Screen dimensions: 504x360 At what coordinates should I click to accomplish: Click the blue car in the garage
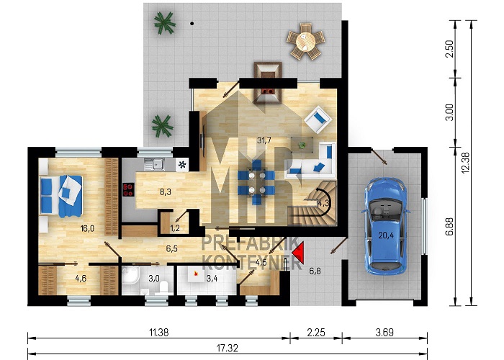tap(385, 226)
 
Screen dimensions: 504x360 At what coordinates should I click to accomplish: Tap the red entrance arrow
tap(298, 253)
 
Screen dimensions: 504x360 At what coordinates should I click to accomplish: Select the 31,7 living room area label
tap(264, 140)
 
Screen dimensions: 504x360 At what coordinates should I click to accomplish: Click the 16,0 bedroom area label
tap(87, 228)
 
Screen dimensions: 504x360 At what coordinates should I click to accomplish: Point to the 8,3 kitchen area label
tap(165, 192)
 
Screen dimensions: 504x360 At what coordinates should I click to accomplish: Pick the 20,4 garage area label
tap(386, 235)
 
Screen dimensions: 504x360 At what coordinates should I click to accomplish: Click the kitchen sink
tap(155, 164)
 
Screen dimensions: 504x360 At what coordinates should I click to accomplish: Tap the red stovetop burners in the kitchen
tap(129, 189)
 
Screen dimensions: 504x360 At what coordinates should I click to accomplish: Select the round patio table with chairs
tap(306, 41)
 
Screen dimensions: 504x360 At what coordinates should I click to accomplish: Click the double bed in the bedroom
tap(60, 195)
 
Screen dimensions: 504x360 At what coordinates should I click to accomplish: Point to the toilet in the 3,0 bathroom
tap(164, 287)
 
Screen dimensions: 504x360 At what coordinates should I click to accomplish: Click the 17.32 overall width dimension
tap(227, 348)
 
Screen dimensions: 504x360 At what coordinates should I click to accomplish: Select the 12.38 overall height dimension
tap(465, 163)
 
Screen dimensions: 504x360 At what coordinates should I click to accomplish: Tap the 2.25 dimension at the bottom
tap(316, 333)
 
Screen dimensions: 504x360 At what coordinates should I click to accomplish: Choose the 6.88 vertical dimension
tap(450, 226)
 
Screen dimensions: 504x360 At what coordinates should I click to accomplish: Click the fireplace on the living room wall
tap(268, 84)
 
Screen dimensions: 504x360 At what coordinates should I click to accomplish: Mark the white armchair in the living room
tap(318, 120)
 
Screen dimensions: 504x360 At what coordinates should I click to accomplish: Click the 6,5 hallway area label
tap(172, 248)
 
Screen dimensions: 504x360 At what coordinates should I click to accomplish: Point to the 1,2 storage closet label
tap(175, 228)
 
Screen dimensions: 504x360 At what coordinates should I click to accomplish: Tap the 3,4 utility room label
tap(212, 278)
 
